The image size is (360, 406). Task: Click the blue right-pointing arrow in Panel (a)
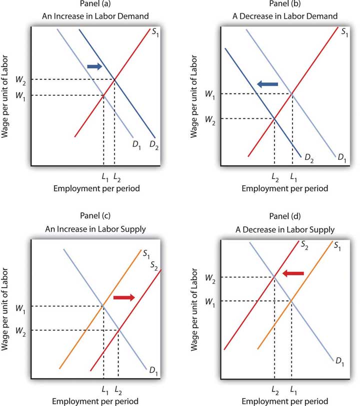coord(94,66)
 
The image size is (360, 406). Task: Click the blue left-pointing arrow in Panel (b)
coord(267,85)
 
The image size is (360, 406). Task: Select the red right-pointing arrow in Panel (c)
coord(124,298)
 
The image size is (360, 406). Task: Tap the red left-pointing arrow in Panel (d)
coord(293,273)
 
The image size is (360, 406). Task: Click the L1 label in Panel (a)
coord(103,177)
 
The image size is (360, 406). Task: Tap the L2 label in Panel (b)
coord(274,177)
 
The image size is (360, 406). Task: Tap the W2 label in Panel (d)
coord(211,277)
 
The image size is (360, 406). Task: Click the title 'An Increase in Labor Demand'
coord(89,15)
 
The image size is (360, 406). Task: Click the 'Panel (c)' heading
coord(88,216)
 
